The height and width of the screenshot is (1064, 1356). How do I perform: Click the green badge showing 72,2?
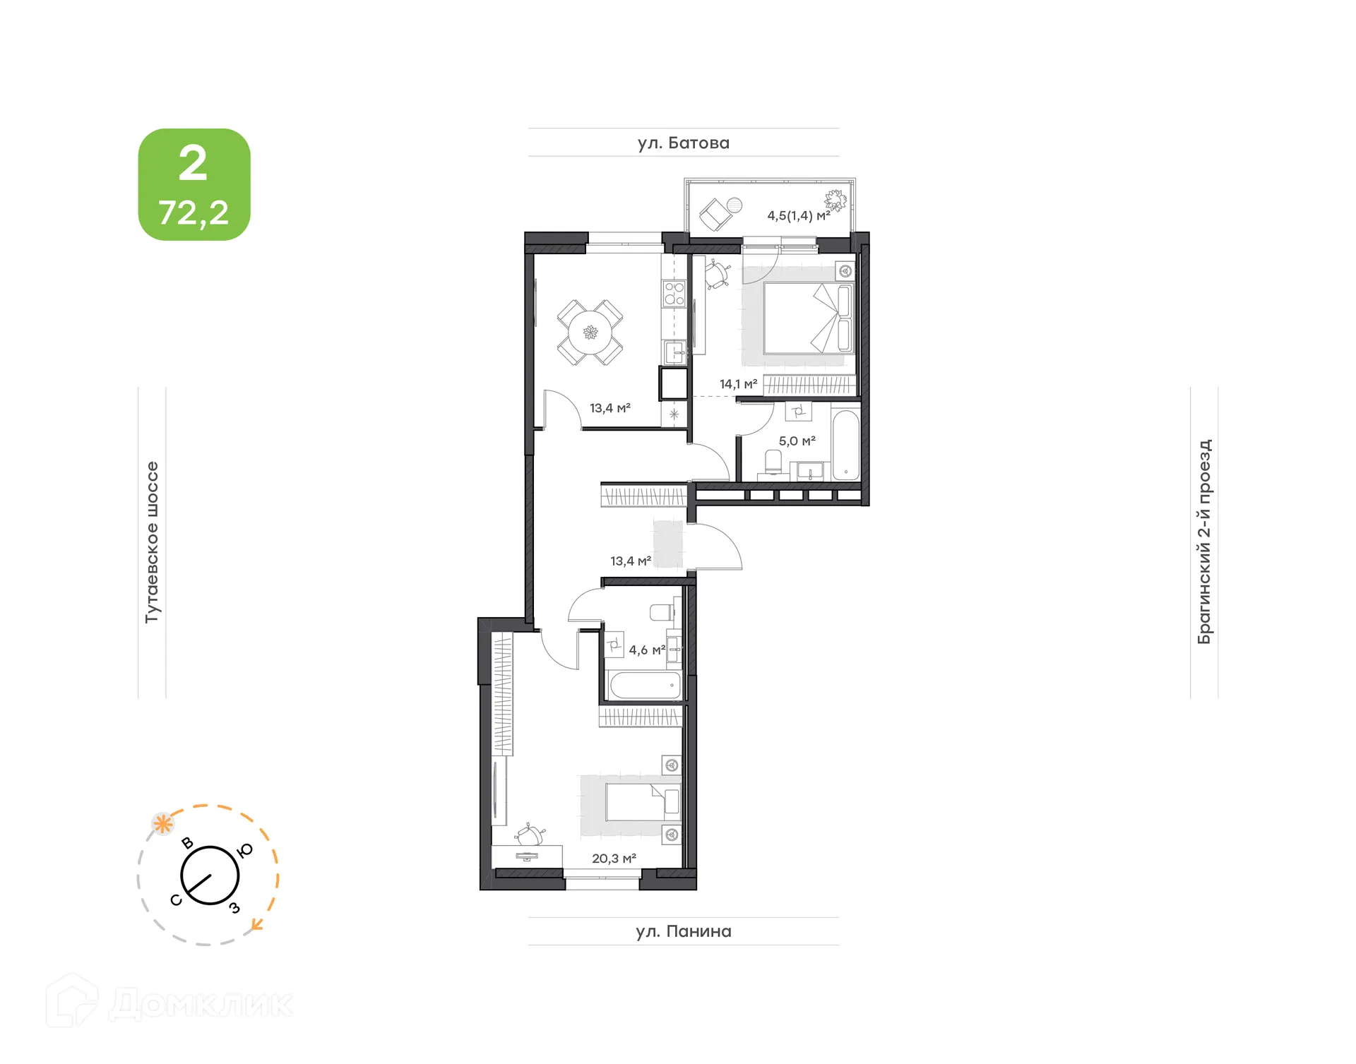(x=194, y=185)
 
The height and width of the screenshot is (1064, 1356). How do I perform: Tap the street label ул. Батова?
(x=683, y=143)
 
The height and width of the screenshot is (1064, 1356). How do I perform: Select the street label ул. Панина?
(x=683, y=931)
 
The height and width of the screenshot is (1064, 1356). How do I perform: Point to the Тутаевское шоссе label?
(x=152, y=542)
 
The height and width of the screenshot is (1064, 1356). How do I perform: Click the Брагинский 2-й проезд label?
(x=1204, y=542)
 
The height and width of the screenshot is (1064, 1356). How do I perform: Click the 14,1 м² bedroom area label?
(x=738, y=384)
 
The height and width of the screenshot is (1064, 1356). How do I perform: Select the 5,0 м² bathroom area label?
(x=797, y=441)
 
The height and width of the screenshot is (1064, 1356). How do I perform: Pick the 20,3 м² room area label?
(x=614, y=859)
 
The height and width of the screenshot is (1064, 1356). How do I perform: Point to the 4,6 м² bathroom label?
(x=646, y=650)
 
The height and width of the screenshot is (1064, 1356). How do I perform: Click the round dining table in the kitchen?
(x=590, y=333)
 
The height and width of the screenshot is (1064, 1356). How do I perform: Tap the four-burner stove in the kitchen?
(x=674, y=294)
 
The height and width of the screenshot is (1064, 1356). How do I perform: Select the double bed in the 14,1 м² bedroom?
(x=809, y=318)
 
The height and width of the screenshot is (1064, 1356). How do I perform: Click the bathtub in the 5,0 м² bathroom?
(x=845, y=444)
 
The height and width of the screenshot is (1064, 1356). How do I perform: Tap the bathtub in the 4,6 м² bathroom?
(x=645, y=685)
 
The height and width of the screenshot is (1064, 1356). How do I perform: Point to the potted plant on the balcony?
(x=835, y=201)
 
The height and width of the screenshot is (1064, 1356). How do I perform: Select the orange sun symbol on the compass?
(x=163, y=823)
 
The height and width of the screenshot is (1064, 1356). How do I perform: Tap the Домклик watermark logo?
(x=169, y=1003)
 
